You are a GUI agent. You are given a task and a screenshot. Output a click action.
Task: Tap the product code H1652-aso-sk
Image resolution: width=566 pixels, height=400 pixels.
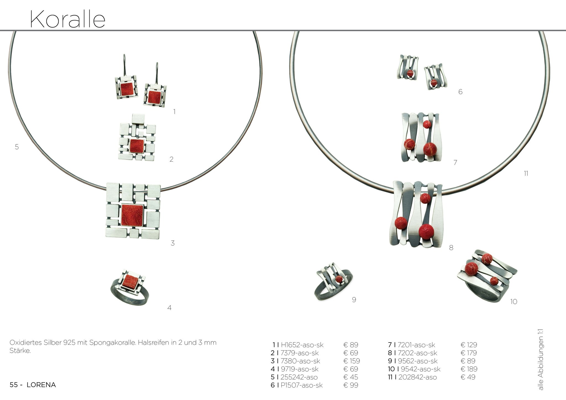(x=302, y=345)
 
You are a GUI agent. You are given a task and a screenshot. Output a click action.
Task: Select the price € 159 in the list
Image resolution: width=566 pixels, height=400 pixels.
(x=352, y=361)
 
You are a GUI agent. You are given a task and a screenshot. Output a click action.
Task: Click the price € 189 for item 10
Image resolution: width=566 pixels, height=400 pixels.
(x=469, y=369)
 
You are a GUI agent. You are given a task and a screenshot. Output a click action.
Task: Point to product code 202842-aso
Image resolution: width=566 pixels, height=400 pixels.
(x=418, y=377)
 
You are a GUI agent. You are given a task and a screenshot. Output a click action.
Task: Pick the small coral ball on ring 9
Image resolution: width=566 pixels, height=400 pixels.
(x=340, y=279)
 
